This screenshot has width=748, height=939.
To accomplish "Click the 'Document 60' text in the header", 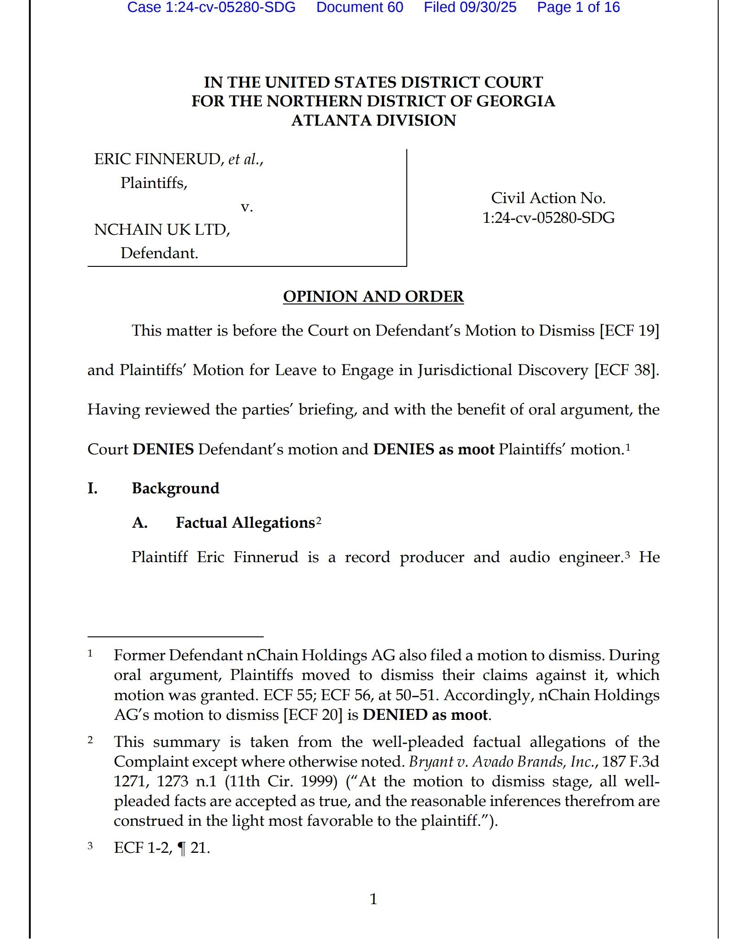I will tap(360, 7).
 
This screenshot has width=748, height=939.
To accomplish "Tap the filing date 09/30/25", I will tap(488, 7).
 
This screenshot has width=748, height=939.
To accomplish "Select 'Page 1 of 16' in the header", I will tap(578, 7).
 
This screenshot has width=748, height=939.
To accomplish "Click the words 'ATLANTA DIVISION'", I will tap(373, 120).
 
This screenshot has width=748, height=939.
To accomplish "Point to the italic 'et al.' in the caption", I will tap(244, 159).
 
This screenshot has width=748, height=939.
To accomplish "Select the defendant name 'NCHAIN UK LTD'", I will tap(161, 229).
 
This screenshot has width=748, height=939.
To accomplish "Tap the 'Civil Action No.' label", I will tap(548, 198).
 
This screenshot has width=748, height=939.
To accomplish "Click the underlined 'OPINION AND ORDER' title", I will tap(373, 296).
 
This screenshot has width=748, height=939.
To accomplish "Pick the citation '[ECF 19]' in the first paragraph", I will tap(629, 330).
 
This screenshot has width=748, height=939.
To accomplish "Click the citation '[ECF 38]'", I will tap(626, 370).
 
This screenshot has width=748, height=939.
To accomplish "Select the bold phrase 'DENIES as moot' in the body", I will tap(434, 449).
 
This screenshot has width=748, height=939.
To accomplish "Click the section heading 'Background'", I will tap(176, 488).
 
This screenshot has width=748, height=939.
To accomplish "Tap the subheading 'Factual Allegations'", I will tap(245, 523).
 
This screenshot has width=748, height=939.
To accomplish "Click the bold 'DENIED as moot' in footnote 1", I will tap(425, 715).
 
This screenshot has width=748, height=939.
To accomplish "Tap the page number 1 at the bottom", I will tap(373, 899).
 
